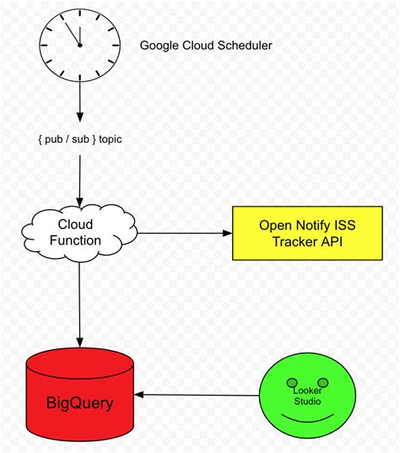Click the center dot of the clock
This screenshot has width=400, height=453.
pos(80,45)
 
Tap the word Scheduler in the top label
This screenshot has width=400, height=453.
pos(245,46)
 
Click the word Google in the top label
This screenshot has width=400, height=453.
pos(159,46)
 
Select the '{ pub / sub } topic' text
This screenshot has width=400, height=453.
pos(80,139)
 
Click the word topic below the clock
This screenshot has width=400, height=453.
pos(110,139)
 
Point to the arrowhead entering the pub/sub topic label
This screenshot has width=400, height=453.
pos(80,117)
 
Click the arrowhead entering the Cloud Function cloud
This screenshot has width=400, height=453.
pos(80,202)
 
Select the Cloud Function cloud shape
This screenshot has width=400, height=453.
pos(79,232)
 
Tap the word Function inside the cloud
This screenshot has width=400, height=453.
pos(75,240)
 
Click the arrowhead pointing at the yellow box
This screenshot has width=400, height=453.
pos(228,233)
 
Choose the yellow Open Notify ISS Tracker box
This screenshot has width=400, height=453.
pos(307,233)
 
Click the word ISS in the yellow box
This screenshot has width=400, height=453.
pos(345,225)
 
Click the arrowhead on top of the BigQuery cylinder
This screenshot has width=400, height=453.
pos(80,342)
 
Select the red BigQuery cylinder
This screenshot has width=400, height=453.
pos(80,394)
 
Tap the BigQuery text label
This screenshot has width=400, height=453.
pos(80,403)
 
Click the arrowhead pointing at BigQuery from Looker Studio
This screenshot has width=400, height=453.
pos(139,395)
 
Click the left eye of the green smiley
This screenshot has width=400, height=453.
pos(292,383)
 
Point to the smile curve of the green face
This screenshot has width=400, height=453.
pos(307,419)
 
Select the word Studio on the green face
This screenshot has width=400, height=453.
pos(307,402)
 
